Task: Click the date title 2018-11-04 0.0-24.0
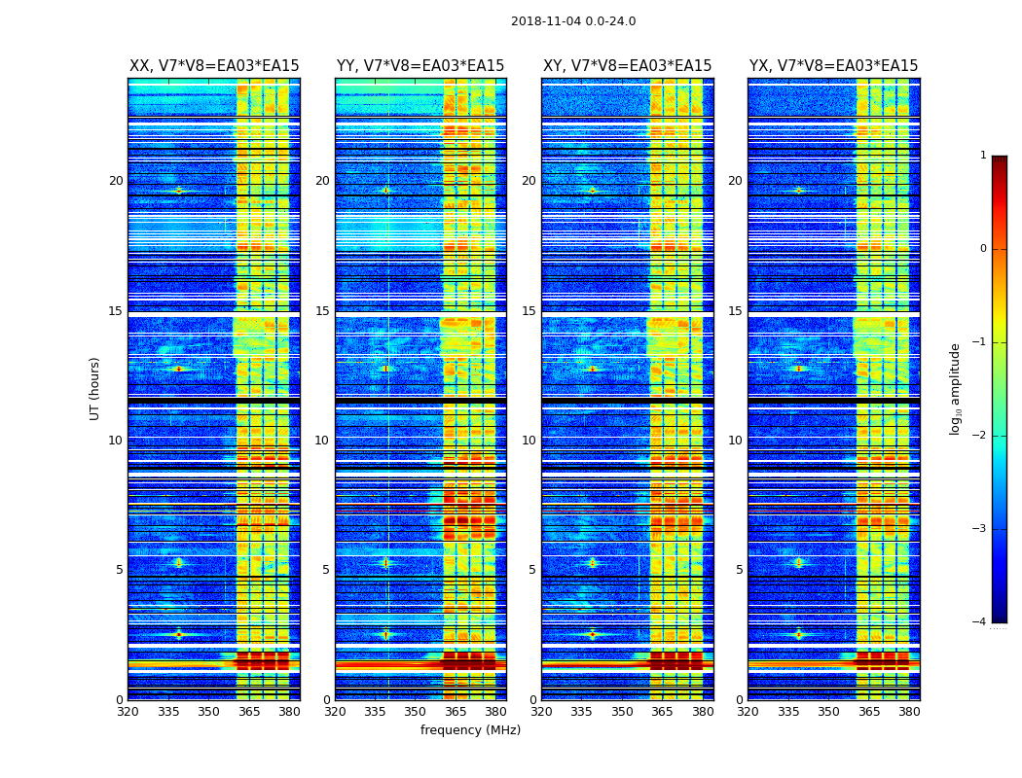point(573,21)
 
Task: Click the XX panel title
point(214,66)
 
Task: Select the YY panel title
point(420,66)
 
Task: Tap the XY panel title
point(627,66)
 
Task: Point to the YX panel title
point(833,66)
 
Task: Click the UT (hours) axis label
point(95,388)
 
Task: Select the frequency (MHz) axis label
point(470,730)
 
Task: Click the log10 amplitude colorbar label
point(956,388)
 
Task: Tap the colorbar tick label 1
point(983,156)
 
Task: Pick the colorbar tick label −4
point(979,622)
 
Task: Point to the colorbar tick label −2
point(979,436)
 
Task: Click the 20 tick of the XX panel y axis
point(116,181)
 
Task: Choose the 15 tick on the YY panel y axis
point(322,311)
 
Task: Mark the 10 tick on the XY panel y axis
point(529,441)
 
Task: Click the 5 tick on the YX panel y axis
point(740,570)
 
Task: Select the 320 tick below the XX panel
point(128,712)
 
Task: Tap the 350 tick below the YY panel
point(416,712)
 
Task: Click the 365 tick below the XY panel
point(663,712)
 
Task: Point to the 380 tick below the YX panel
point(909,712)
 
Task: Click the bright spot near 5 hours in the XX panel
point(179,562)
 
